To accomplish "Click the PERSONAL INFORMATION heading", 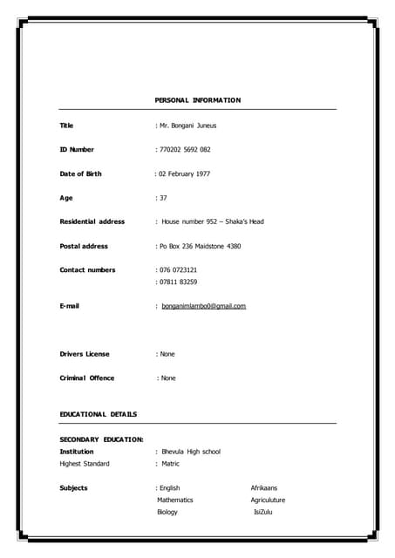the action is point(197,100).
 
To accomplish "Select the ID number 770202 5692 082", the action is point(185,150).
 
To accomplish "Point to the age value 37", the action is point(163,198).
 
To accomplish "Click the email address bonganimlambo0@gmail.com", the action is point(203,306).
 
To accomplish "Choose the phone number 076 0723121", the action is point(178,269).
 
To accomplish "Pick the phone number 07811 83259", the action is point(178,282).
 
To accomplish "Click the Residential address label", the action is point(92,221).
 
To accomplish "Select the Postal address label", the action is point(84,246).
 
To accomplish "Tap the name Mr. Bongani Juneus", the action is point(187,126).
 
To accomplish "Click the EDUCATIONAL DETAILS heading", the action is point(98,413).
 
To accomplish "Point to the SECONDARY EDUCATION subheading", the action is point(101,439).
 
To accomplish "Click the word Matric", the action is point(170,464).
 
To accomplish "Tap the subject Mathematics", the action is point(175,500).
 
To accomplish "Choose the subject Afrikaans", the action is point(264,487).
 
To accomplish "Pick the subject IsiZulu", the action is point(265,512).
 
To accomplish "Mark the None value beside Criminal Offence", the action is point(167,378).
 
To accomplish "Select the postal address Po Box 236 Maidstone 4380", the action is point(200,246).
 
